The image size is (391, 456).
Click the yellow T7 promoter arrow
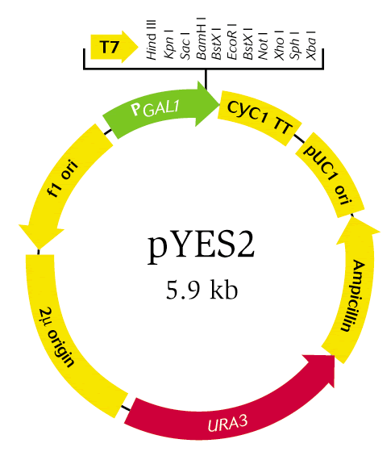point(114,47)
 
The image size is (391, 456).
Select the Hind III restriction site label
point(152,40)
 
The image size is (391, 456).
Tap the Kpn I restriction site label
point(168,44)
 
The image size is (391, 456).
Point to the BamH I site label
point(202,38)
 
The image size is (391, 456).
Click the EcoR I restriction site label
point(232,42)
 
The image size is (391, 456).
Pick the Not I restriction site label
point(263,45)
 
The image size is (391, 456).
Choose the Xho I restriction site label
point(279,45)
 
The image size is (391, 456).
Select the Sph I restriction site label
point(294,44)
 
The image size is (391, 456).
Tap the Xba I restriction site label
point(311,45)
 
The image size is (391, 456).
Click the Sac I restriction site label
point(185,44)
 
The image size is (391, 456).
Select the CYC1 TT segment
point(260,118)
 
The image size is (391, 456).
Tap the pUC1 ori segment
point(330,174)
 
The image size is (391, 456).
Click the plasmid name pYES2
point(201,246)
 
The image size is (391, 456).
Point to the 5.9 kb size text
point(202,291)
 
